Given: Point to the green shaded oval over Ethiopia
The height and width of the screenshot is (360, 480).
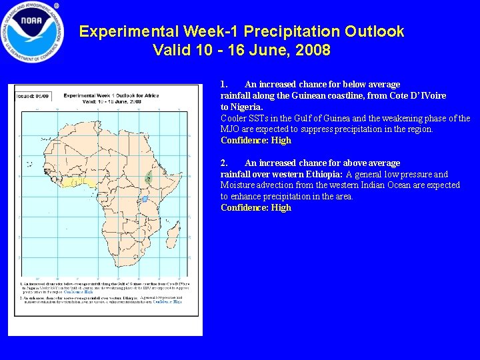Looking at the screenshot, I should tap(148, 178).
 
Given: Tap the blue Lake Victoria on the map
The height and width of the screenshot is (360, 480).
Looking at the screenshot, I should tap(145, 199).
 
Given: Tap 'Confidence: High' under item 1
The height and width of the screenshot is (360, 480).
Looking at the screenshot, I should tap(256, 141).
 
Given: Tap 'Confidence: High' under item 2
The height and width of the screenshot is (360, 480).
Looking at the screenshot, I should tap(256, 208).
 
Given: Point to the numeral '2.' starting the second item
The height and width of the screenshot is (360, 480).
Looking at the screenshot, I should tap(225, 163).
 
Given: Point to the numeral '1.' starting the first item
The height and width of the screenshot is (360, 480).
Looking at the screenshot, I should tap(225, 84).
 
